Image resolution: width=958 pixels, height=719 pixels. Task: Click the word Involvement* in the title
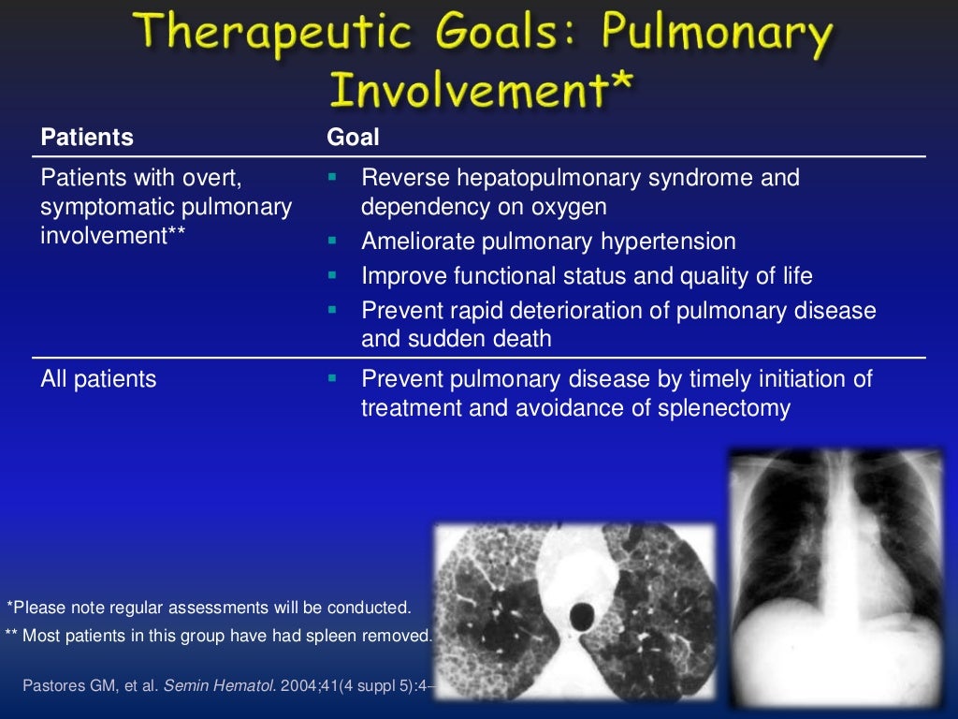click(481, 92)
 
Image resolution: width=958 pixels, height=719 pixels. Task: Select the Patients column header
click(87, 138)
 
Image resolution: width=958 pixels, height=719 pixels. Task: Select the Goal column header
click(353, 138)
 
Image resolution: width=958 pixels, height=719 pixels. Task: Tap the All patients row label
click(98, 379)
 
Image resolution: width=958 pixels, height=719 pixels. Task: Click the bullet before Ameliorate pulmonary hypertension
click(332, 241)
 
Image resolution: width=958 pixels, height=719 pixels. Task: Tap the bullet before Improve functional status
click(332, 275)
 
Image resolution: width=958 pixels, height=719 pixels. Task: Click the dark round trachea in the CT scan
click(583, 616)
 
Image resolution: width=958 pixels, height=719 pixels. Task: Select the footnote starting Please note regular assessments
click(209, 607)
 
